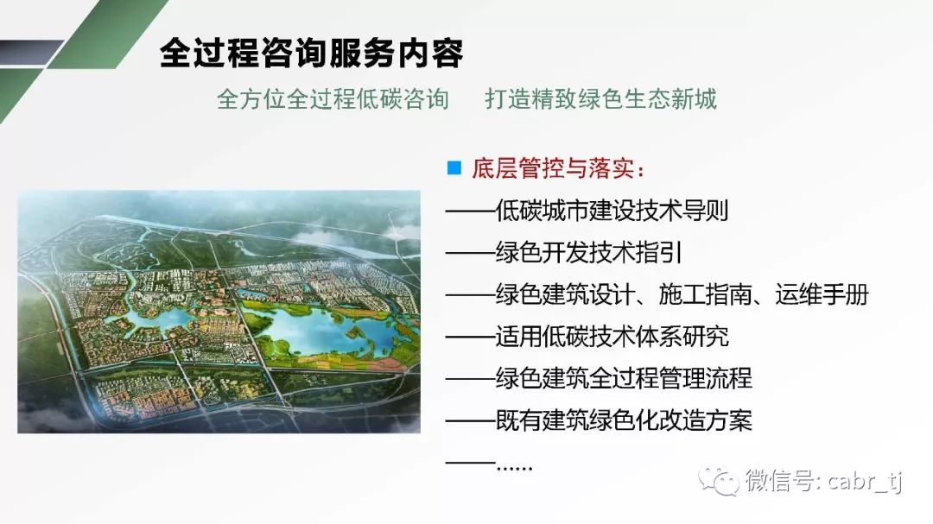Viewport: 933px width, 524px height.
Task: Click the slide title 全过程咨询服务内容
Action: (x=311, y=53)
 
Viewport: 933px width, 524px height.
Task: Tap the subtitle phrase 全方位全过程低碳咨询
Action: (x=333, y=98)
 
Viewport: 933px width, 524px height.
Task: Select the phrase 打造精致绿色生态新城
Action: (x=601, y=98)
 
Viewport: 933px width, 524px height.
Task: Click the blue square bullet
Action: (x=454, y=167)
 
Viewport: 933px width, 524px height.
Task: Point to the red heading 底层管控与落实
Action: (x=553, y=168)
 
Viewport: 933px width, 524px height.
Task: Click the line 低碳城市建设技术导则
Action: (x=612, y=210)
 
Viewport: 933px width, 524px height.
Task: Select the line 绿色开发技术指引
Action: (x=588, y=252)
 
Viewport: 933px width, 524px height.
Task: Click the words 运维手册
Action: (x=822, y=294)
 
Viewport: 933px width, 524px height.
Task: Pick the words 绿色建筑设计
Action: (x=565, y=294)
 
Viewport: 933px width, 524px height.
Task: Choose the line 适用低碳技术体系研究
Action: (x=612, y=337)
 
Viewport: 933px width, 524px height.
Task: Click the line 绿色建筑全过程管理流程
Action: (x=624, y=378)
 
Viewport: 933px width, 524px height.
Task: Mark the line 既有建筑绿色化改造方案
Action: (x=624, y=420)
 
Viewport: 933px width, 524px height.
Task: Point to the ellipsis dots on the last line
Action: (x=514, y=468)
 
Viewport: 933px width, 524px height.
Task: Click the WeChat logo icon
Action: (x=718, y=481)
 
